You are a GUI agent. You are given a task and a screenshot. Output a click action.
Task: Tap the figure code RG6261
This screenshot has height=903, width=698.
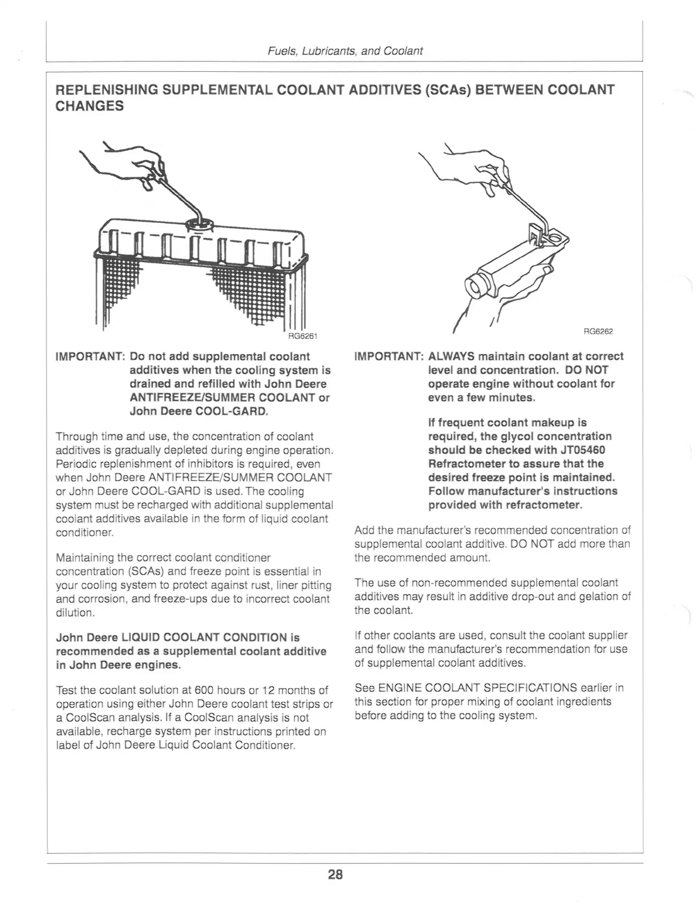303,336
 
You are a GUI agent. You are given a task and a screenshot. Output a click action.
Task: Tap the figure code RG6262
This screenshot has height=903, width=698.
598,331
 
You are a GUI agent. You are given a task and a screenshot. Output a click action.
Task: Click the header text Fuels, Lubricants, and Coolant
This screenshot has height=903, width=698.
345,51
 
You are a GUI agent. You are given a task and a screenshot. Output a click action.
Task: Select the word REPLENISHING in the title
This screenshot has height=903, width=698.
107,90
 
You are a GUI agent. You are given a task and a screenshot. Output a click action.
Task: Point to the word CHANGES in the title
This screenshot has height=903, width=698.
90,106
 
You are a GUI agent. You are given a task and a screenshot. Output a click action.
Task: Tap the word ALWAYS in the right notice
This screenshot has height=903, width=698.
452,356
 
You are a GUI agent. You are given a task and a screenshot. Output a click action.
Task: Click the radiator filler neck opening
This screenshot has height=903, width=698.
200,225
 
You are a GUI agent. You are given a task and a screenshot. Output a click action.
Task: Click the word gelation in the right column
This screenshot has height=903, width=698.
599,597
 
